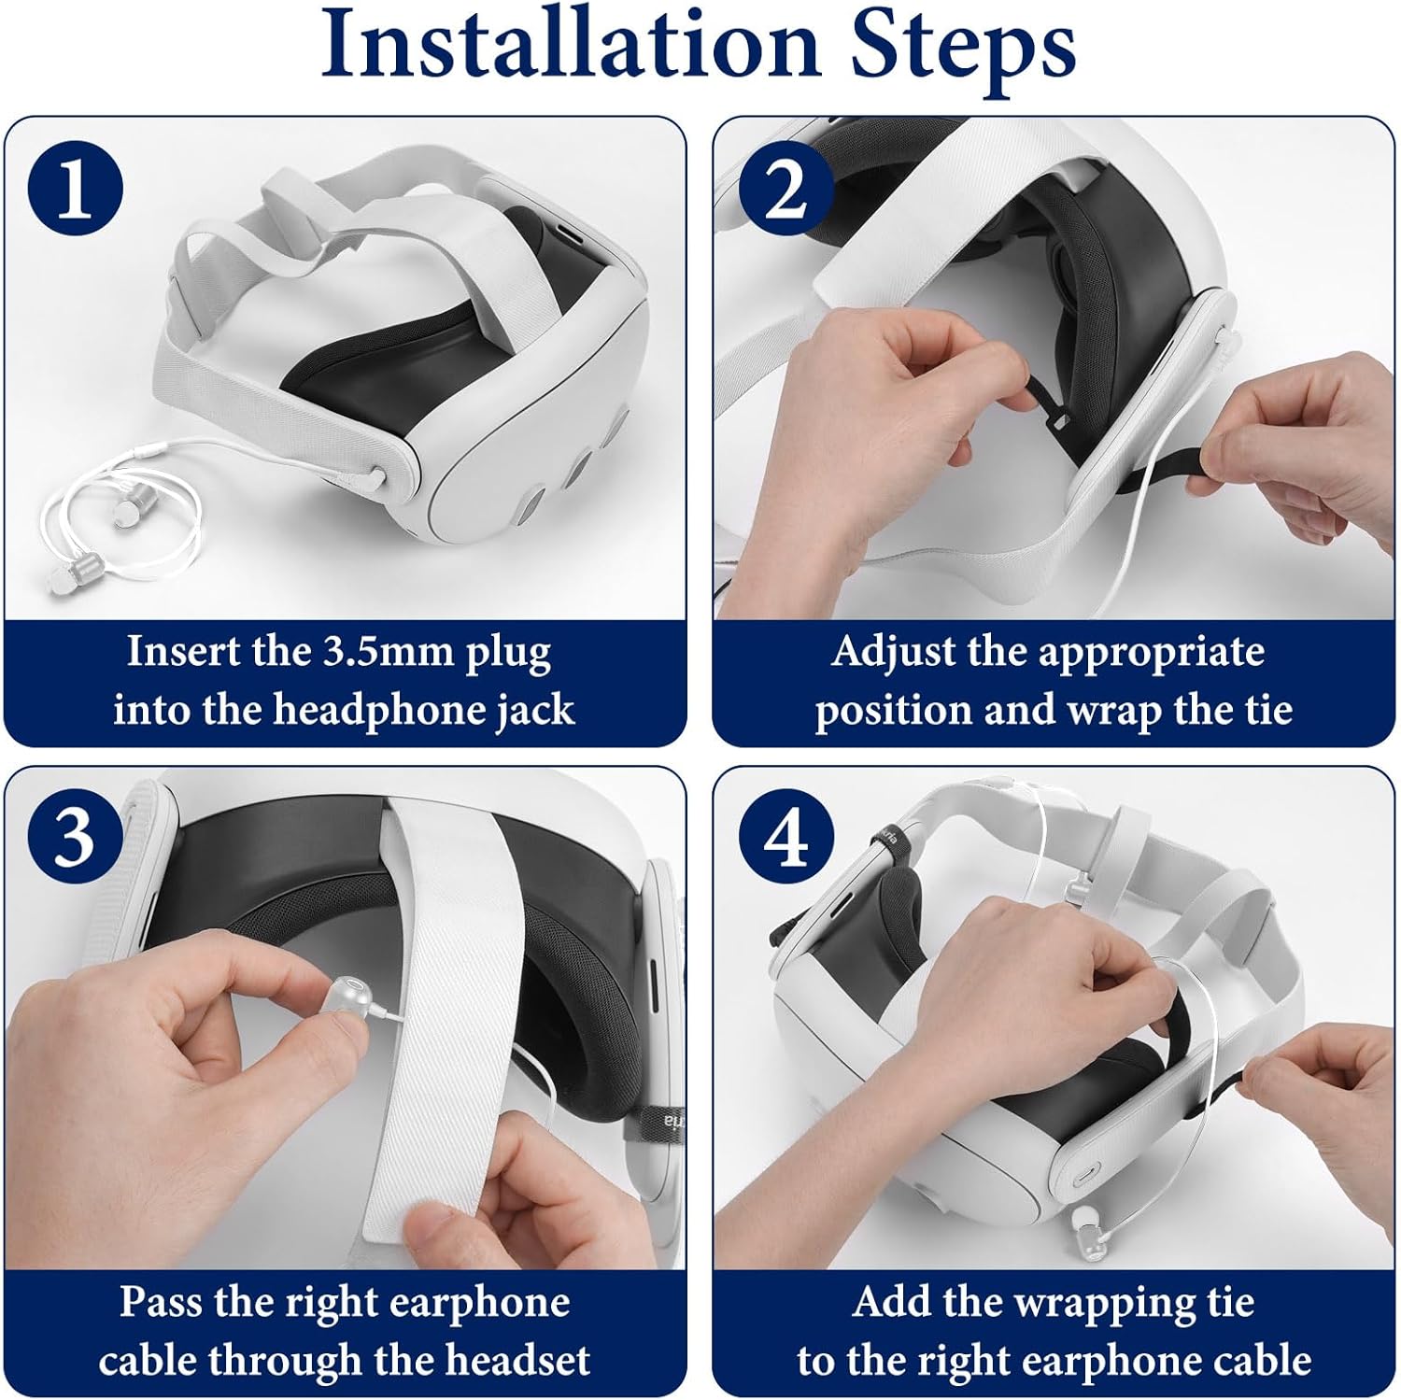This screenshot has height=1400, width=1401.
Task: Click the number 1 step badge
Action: tap(76, 190)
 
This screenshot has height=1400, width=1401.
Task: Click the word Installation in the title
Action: tap(571, 45)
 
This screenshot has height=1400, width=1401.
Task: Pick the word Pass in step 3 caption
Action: tap(162, 1301)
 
